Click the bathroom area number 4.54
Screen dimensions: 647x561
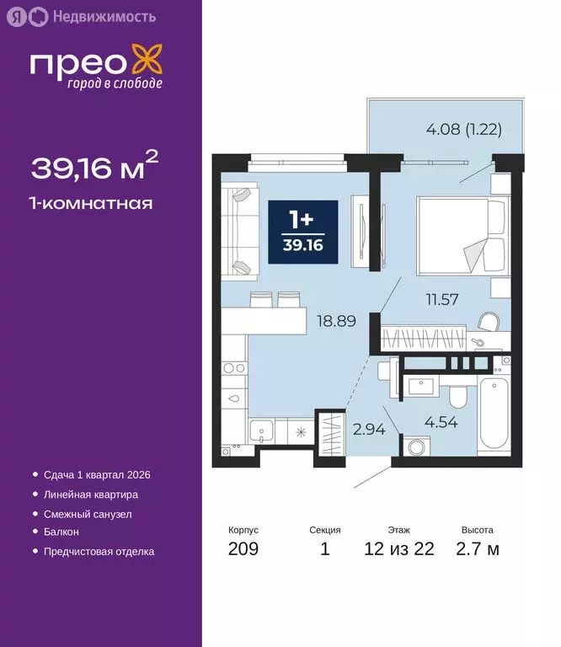[441, 422]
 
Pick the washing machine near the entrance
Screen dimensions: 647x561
[413, 446]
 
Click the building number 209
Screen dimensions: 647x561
[243, 549]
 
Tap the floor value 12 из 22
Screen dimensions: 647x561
[399, 549]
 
